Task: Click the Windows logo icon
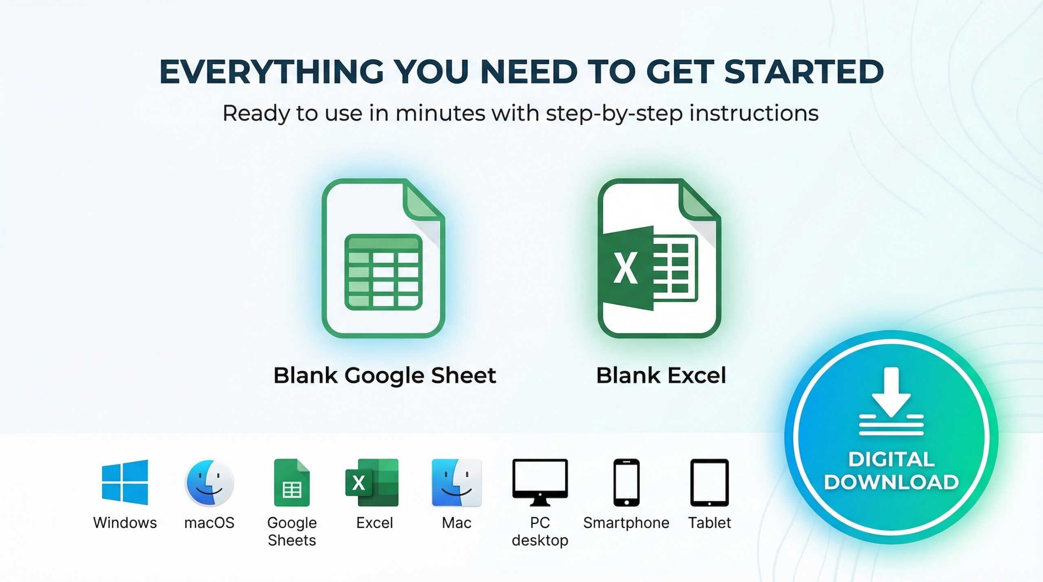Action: click(125, 482)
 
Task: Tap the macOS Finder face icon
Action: click(209, 483)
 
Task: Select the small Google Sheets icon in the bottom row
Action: click(292, 483)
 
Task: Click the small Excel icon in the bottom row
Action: click(372, 483)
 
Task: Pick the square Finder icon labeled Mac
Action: click(457, 483)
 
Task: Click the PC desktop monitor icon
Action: click(540, 483)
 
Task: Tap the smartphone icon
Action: click(627, 483)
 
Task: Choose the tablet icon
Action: click(709, 483)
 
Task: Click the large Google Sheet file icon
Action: click(383, 258)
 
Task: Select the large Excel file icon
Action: click(659, 258)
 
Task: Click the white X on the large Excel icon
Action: click(625, 268)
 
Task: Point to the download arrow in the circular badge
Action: click(891, 401)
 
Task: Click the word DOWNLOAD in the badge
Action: click(891, 482)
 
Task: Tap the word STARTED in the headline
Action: click(804, 72)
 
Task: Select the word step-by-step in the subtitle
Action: click(614, 114)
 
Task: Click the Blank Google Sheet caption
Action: click(385, 376)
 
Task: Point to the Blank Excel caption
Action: click(661, 376)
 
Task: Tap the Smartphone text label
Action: click(626, 523)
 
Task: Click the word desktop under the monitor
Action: click(540, 540)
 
